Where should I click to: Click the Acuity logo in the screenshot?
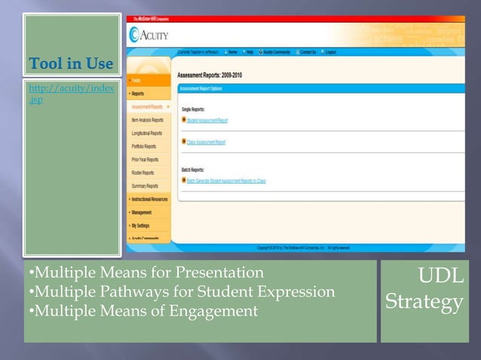coord(149,34)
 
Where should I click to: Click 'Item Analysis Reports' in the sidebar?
coord(147,120)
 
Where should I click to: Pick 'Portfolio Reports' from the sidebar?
coord(144,147)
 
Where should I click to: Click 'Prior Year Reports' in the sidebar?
coord(145,160)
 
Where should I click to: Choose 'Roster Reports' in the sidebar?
coord(142,172)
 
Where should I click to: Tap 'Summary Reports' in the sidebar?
coord(145,185)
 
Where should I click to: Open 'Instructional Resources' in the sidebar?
coord(149,199)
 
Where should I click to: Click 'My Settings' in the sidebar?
coord(140,225)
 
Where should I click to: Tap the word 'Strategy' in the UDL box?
coord(424,302)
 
